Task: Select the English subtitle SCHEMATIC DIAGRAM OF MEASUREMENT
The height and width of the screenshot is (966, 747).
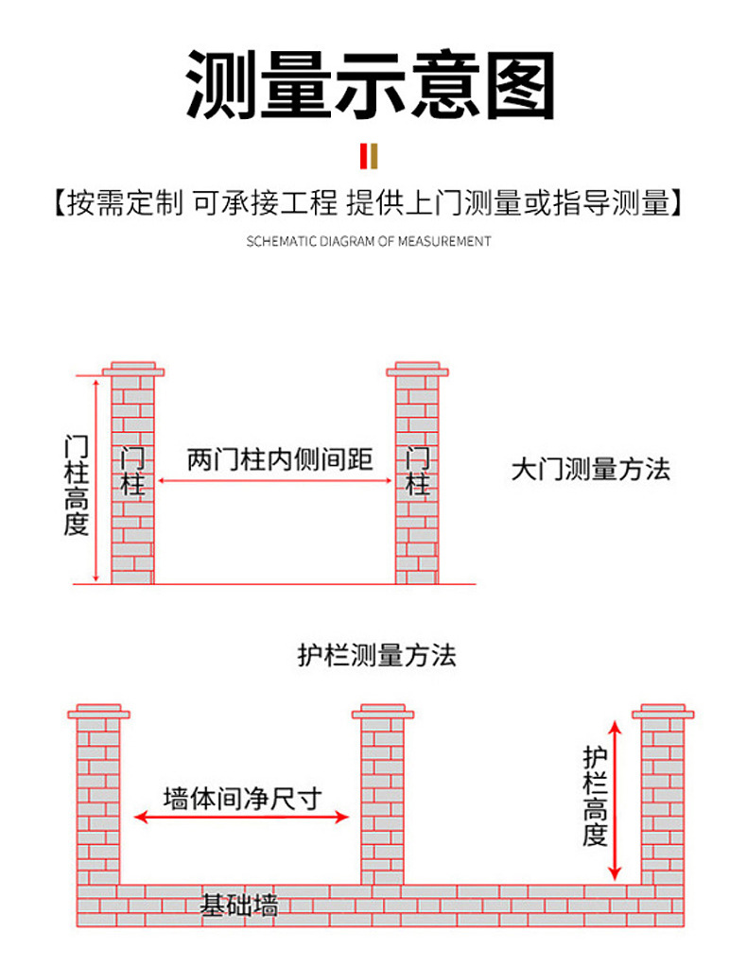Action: point(369,241)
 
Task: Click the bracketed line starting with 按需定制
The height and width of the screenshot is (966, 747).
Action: point(369,202)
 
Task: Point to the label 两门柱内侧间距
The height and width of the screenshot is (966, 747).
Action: point(280,460)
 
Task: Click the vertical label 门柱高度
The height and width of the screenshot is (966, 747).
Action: point(77,485)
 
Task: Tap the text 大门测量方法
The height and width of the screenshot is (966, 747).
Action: point(591,469)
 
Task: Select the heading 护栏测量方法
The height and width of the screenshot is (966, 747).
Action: point(376,655)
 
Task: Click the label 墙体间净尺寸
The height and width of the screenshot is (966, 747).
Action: point(242,797)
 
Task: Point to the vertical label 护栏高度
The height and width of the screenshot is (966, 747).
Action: point(594,796)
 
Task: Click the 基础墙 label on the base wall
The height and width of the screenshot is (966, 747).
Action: point(238,906)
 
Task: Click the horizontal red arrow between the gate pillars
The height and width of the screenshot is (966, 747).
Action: point(275,481)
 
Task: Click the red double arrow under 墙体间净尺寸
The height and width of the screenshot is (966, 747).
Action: point(242,817)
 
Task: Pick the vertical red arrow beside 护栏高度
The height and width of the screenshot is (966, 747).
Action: point(616,800)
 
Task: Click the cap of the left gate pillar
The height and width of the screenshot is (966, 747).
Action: point(133,369)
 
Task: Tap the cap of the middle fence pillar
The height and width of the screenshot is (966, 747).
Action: point(384,710)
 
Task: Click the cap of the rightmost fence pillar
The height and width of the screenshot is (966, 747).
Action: point(664,710)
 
